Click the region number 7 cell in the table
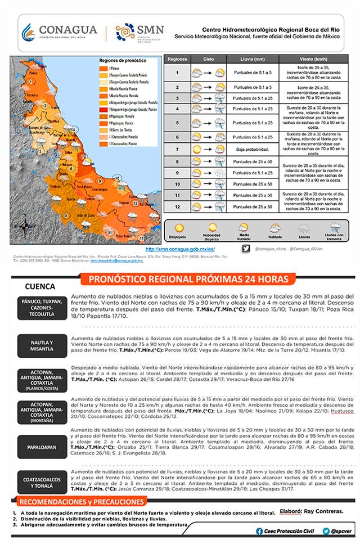(177, 149)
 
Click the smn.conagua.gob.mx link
(180, 249)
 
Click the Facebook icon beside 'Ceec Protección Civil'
(259, 531)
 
